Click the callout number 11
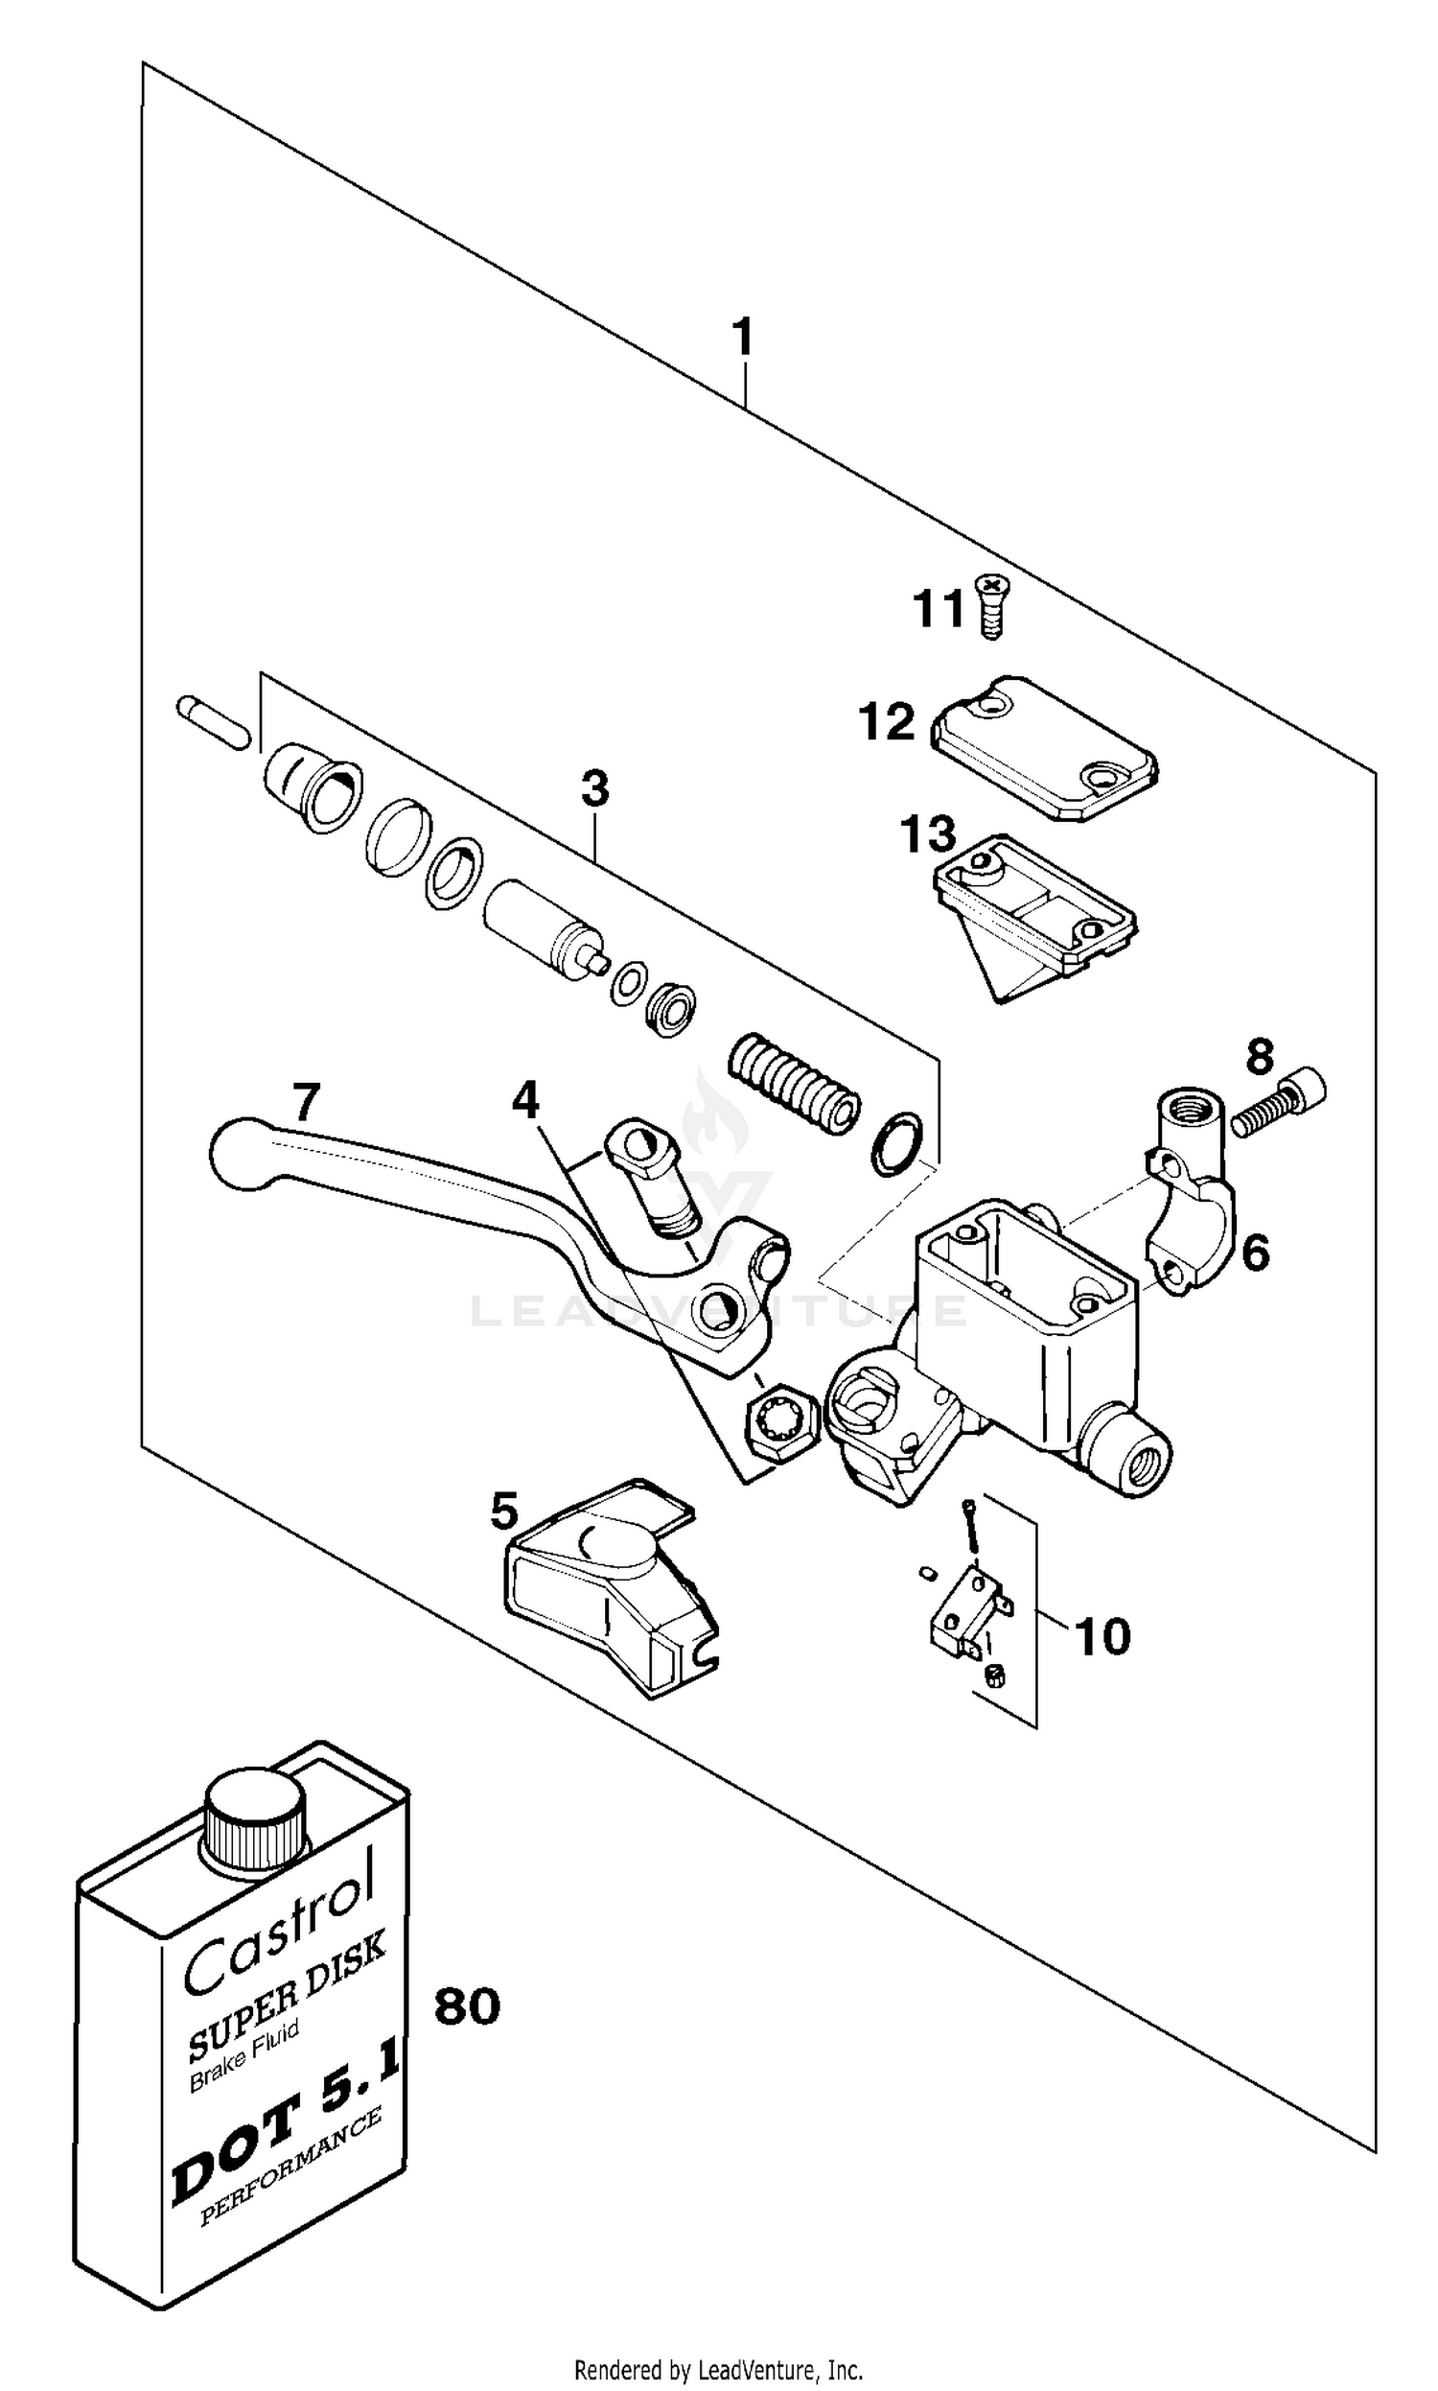[x=938, y=610]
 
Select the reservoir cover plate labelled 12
[x=1045, y=750]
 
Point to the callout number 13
[x=927, y=834]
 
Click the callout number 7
[x=305, y=1103]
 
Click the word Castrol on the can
[x=278, y=1927]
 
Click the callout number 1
[x=742, y=339]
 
